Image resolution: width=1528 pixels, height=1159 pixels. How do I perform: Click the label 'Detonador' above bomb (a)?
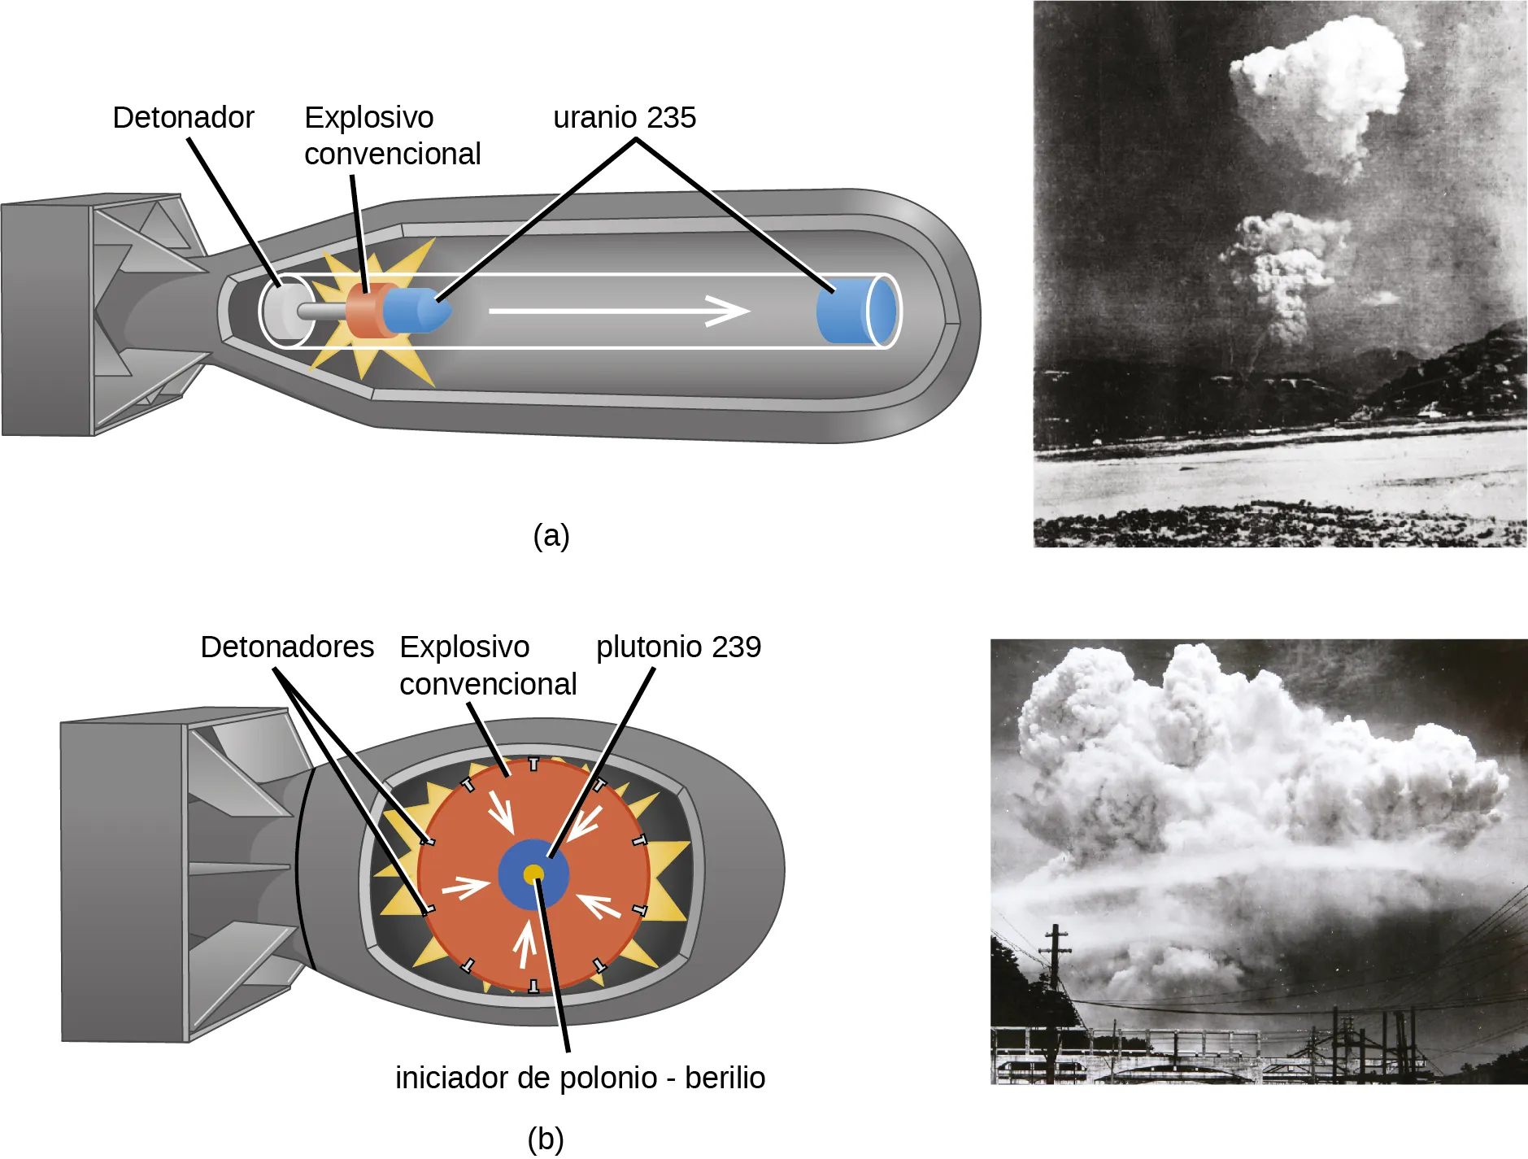tap(183, 118)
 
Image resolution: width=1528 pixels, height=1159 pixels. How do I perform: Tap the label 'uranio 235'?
tap(624, 118)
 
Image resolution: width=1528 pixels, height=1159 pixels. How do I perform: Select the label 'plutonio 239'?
tap(678, 647)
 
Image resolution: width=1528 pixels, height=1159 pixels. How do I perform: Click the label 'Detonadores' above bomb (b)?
tap(286, 647)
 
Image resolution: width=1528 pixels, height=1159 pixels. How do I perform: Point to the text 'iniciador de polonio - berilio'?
tap(580, 1078)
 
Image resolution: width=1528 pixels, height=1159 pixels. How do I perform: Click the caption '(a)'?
tap(551, 535)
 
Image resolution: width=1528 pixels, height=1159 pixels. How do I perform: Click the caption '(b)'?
tap(545, 1139)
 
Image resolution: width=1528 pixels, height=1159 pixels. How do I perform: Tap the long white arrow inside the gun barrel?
tap(618, 311)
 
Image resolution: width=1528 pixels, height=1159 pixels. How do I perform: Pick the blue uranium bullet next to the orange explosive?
tap(415, 310)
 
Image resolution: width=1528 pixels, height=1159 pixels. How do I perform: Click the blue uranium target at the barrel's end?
tap(854, 312)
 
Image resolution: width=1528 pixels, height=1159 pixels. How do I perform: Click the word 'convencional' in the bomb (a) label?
tap(392, 155)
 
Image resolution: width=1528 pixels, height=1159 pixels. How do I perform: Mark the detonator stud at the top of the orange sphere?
tap(533, 764)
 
